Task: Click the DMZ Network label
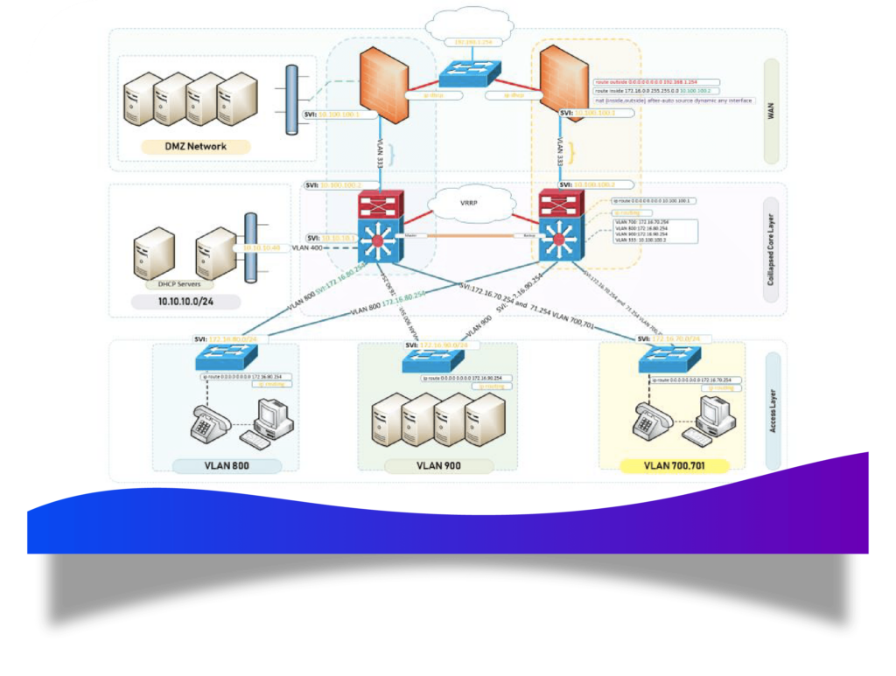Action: coord(195,147)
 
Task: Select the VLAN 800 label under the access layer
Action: coord(227,466)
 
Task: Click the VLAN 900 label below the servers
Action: coord(438,466)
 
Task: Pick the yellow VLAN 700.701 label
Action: coord(674,466)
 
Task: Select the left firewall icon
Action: coord(384,84)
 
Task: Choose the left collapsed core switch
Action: coord(379,229)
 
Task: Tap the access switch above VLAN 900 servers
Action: coord(437,359)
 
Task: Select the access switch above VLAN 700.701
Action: coord(669,358)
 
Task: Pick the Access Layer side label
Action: coord(773,410)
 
